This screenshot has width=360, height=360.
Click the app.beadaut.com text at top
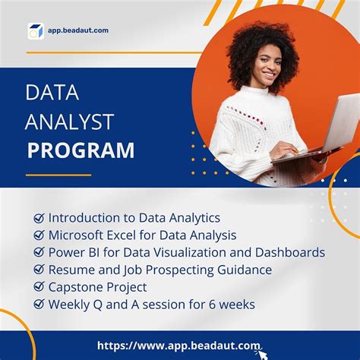point(79,30)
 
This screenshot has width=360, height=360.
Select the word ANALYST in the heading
point(69,121)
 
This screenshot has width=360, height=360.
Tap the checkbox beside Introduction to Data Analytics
point(39,219)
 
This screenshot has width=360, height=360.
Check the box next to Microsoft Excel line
point(39,235)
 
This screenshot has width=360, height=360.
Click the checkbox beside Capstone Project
point(39,287)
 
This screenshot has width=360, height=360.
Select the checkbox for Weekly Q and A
point(39,305)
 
